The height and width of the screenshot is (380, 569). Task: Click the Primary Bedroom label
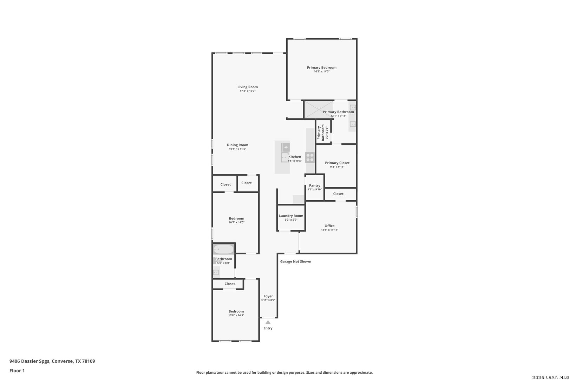tap(322, 68)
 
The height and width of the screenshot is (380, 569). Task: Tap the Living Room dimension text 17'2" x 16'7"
tap(247, 91)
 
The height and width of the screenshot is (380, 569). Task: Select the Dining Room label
tap(237, 145)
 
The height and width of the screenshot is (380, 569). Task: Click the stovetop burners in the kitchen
tap(310, 157)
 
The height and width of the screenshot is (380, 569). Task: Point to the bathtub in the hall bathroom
tap(223, 249)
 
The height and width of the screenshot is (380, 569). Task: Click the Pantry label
tap(314, 185)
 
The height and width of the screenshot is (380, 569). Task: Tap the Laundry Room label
tap(291, 216)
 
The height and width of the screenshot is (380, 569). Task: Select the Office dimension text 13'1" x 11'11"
tap(329, 230)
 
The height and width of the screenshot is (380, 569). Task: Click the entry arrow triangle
tap(268, 322)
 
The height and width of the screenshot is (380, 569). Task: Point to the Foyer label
tap(268, 296)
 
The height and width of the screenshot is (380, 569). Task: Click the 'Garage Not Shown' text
tap(296, 261)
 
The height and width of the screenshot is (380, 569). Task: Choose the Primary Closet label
tap(337, 163)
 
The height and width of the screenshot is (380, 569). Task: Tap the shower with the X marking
tap(319, 110)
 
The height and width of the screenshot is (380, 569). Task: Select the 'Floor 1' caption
tap(17, 370)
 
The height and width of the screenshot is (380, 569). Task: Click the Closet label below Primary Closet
tap(338, 194)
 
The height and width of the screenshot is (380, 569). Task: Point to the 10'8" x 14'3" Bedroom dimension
tap(236, 315)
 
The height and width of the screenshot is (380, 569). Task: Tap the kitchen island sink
tap(285, 157)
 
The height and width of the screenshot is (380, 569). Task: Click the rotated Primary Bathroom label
tap(321, 133)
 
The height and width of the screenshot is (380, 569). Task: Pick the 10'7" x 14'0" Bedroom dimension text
tap(236, 222)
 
